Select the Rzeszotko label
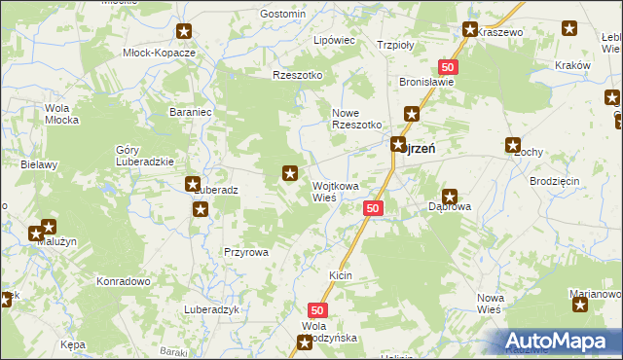pyautogui.click(x=297, y=75)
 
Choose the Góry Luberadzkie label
pyautogui.click(x=144, y=156)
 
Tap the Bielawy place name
pyautogui.click(x=39, y=165)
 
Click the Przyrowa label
pyautogui.click(x=245, y=251)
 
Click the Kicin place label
pyautogui.click(x=340, y=276)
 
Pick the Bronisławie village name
pyautogui.click(x=427, y=83)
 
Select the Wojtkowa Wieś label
pyautogui.click(x=336, y=191)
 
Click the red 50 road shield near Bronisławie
pyautogui.click(x=447, y=66)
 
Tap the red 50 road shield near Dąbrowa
pyautogui.click(x=374, y=208)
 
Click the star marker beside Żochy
pyautogui.click(x=513, y=146)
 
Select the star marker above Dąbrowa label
pyautogui.click(x=450, y=197)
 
